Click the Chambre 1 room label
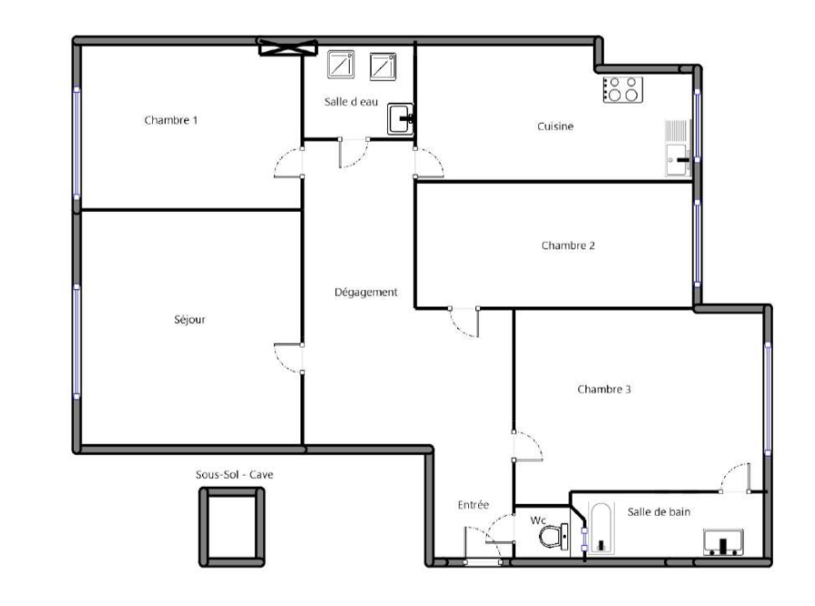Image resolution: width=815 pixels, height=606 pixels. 171,120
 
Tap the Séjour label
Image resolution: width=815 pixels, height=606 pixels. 189,319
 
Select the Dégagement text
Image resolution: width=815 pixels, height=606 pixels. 366,292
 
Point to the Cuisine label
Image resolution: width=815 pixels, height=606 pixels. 555,126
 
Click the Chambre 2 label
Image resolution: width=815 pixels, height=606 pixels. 568,245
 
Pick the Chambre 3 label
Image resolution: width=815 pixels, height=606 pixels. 604,389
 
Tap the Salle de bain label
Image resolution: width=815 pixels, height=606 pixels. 659,512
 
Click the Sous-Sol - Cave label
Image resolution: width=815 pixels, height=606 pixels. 234,475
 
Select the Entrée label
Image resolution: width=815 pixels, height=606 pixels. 474,505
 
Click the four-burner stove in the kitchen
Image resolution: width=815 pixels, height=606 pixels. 623,89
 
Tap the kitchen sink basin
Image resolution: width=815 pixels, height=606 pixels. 677,160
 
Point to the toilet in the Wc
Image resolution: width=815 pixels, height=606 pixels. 553,536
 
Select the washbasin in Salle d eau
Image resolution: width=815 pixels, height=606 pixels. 401,119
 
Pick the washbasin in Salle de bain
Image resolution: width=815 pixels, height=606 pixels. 723,542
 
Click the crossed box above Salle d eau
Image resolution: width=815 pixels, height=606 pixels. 288,47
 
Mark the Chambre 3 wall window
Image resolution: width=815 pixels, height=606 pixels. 768,399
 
